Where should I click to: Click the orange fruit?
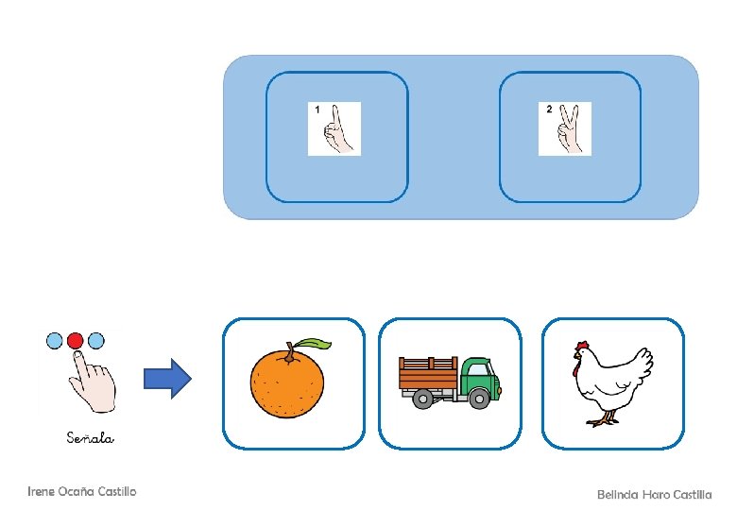pyautogui.click(x=286, y=382)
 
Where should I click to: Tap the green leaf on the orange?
pyautogui.click(x=313, y=344)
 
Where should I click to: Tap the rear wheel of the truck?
pyautogui.click(x=424, y=399)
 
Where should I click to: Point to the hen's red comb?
pyautogui.click(x=582, y=346)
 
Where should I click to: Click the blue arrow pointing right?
pyautogui.click(x=167, y=380)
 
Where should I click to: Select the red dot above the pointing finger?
pyautogui.click(x=76, y=339)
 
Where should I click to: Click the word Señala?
pyautogui.click(x=91, y=437)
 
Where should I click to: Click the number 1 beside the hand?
pyautogui.click(x=317, y=110)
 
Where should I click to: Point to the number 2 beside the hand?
pyautogui.click(x=549, y=110)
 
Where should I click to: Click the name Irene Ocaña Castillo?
pyautogui.click(x=82, y=491)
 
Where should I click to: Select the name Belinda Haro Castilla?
pyautogui.click(x=654, y=495)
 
